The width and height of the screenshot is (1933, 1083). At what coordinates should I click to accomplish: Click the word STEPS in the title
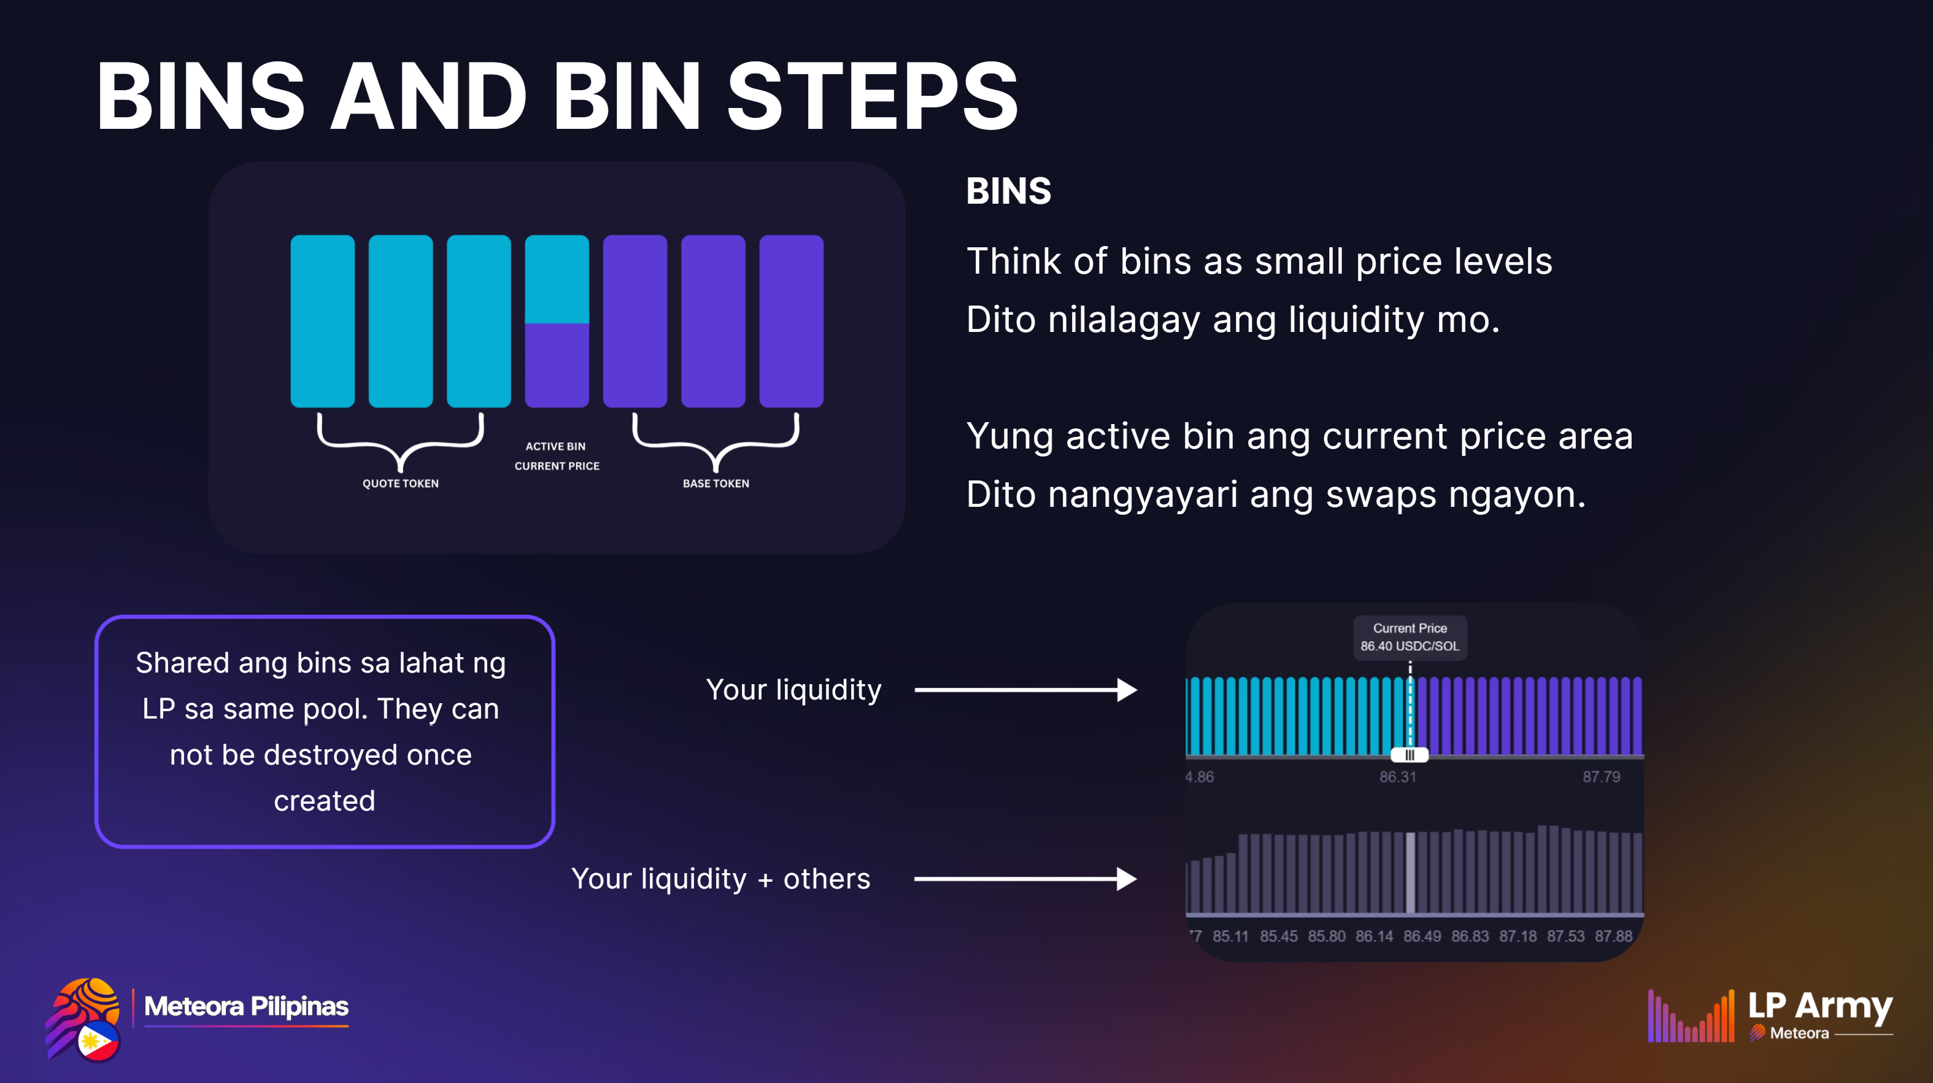(x=872, y=96)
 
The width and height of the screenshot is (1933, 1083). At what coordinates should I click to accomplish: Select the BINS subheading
(x=1008, y=191)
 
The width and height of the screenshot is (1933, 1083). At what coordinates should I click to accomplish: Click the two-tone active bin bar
(x=557, y=322)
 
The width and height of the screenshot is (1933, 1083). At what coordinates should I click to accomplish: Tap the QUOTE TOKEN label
(x=401, y=484)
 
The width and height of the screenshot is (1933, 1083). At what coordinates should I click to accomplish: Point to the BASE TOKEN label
(x=716, y=484)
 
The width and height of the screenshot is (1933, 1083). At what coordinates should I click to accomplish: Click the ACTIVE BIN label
(x=555, y=446)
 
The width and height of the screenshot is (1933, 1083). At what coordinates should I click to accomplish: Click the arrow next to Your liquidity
(x=1026, y=690)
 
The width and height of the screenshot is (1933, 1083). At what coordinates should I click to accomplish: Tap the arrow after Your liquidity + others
(x=1026, y=879)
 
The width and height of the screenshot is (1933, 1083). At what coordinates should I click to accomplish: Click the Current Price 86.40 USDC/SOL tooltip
(x=1410, y=637)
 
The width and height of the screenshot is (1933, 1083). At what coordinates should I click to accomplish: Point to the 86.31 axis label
(x=1397, y=777)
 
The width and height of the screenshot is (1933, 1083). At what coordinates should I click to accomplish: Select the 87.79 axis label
(x=1602, y=777)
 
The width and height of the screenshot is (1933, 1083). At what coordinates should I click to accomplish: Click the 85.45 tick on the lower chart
(x=1279, y=936)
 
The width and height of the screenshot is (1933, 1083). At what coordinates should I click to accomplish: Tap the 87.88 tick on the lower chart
(x=1613, y=936)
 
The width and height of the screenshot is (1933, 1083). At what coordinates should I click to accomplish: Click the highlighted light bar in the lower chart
(x=1410, y=873)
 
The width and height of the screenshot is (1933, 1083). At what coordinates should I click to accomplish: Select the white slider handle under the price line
(x=1409, y=755)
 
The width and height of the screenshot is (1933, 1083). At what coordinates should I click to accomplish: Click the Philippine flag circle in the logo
(x=98, y=1041)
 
